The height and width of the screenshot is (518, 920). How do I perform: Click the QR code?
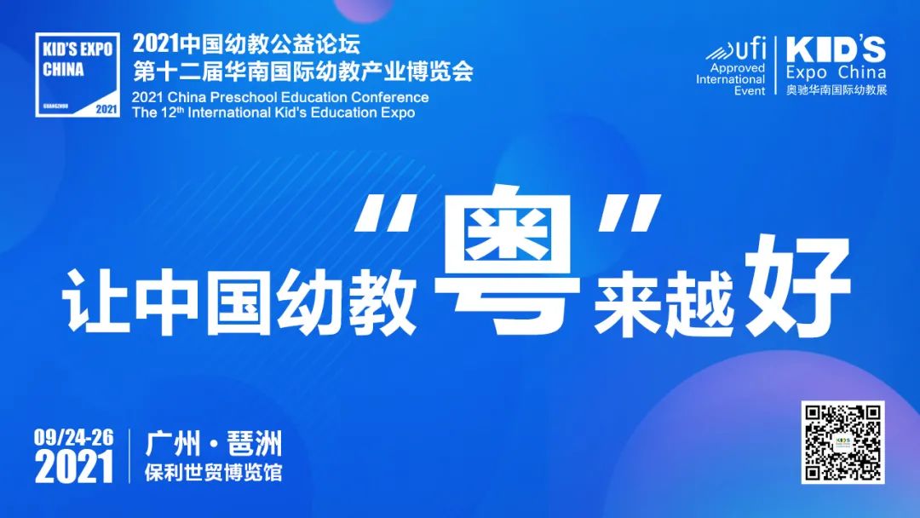pos(842,442)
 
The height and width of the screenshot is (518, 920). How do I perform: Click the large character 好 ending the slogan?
pos(797,285)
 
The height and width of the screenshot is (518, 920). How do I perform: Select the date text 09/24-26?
pos(73,437)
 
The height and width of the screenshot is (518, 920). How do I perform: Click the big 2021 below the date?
pos(73,467)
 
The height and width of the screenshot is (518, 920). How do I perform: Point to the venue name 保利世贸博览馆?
pos(214,472)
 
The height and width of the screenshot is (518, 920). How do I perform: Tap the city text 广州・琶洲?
pos(214,444)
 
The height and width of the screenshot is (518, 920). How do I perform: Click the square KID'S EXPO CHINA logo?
pos(78,74)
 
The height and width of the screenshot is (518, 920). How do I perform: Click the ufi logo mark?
pos(736,49)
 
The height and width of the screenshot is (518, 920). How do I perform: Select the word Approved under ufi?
pos(738,68)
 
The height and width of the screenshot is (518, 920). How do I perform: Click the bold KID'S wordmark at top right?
pos(836,49)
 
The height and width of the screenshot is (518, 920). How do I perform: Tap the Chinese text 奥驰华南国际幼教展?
pos(837,89)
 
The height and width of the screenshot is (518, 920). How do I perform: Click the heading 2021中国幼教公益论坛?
pos(246,44)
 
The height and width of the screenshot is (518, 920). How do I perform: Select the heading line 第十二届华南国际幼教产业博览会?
pos(302,72)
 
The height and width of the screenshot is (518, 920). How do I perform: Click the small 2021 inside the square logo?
pos(106,108)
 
